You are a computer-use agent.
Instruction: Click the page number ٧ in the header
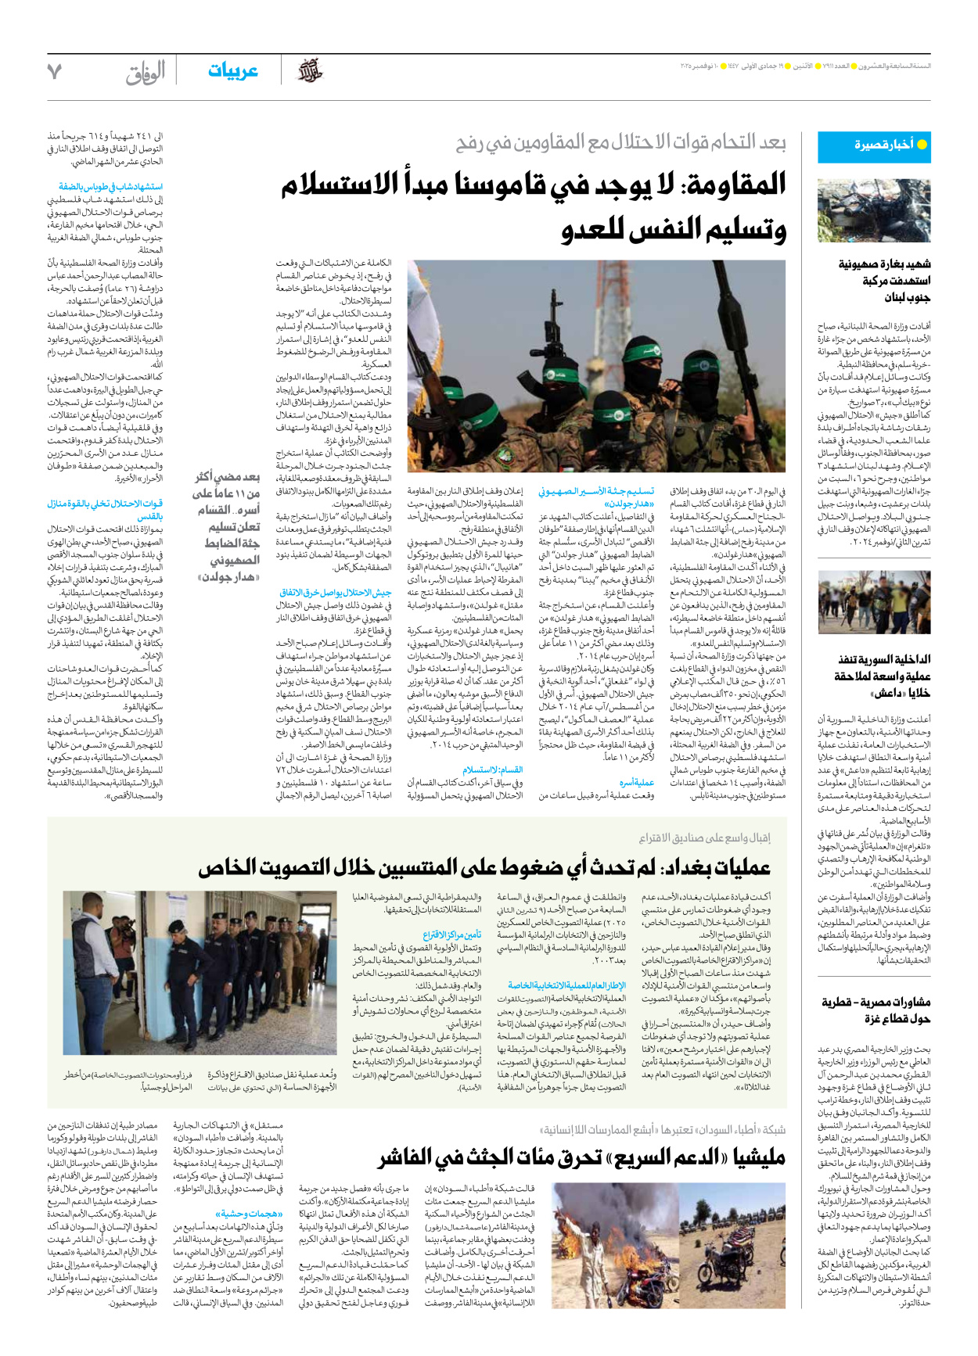(54, 71)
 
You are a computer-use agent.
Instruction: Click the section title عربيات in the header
(232, 71)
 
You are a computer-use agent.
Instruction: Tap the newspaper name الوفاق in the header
(146, 73)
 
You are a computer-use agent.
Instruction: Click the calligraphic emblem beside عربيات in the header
(311, 71)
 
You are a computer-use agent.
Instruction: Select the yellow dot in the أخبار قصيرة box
(922, 145)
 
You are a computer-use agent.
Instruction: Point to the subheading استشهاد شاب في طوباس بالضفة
(110, 186)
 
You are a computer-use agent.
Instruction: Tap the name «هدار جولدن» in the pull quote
(228, 576)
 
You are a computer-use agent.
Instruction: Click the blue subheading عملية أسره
(636, 782)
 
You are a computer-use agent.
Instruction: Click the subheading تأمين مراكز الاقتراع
(451, 934)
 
